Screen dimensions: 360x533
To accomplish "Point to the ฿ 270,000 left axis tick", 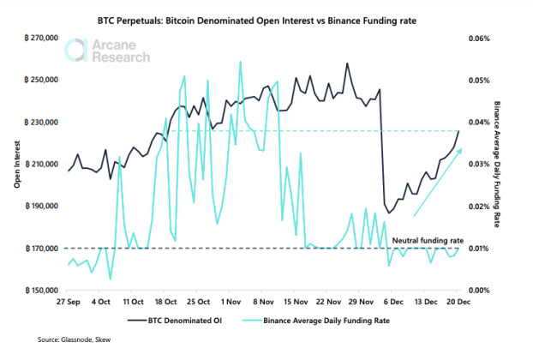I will [33, 39].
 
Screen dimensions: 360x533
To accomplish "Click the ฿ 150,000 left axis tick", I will [33, 291].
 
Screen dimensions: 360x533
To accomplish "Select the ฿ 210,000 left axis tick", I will [33, 165].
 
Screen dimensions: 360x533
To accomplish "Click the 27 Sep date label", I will [69, 303].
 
